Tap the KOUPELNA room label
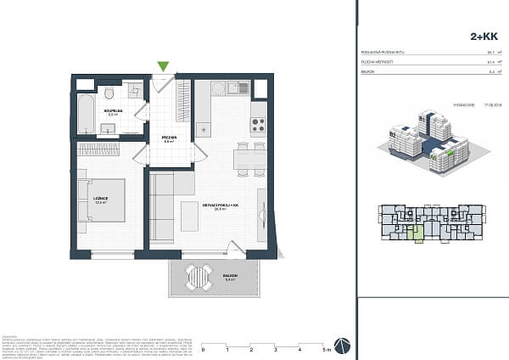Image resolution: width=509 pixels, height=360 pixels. (x=111, y=110)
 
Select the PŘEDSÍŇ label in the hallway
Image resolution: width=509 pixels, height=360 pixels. (x=168, y=138)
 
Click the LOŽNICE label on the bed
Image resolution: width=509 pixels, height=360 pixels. (x=100, y=200)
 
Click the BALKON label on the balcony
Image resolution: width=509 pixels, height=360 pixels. (x=229, y=275)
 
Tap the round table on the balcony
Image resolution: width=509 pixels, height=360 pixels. (x=200, y=275)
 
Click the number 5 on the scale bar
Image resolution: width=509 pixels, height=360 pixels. (x=325, y=350)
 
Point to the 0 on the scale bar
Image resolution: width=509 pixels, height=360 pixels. (x=203, y=350)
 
